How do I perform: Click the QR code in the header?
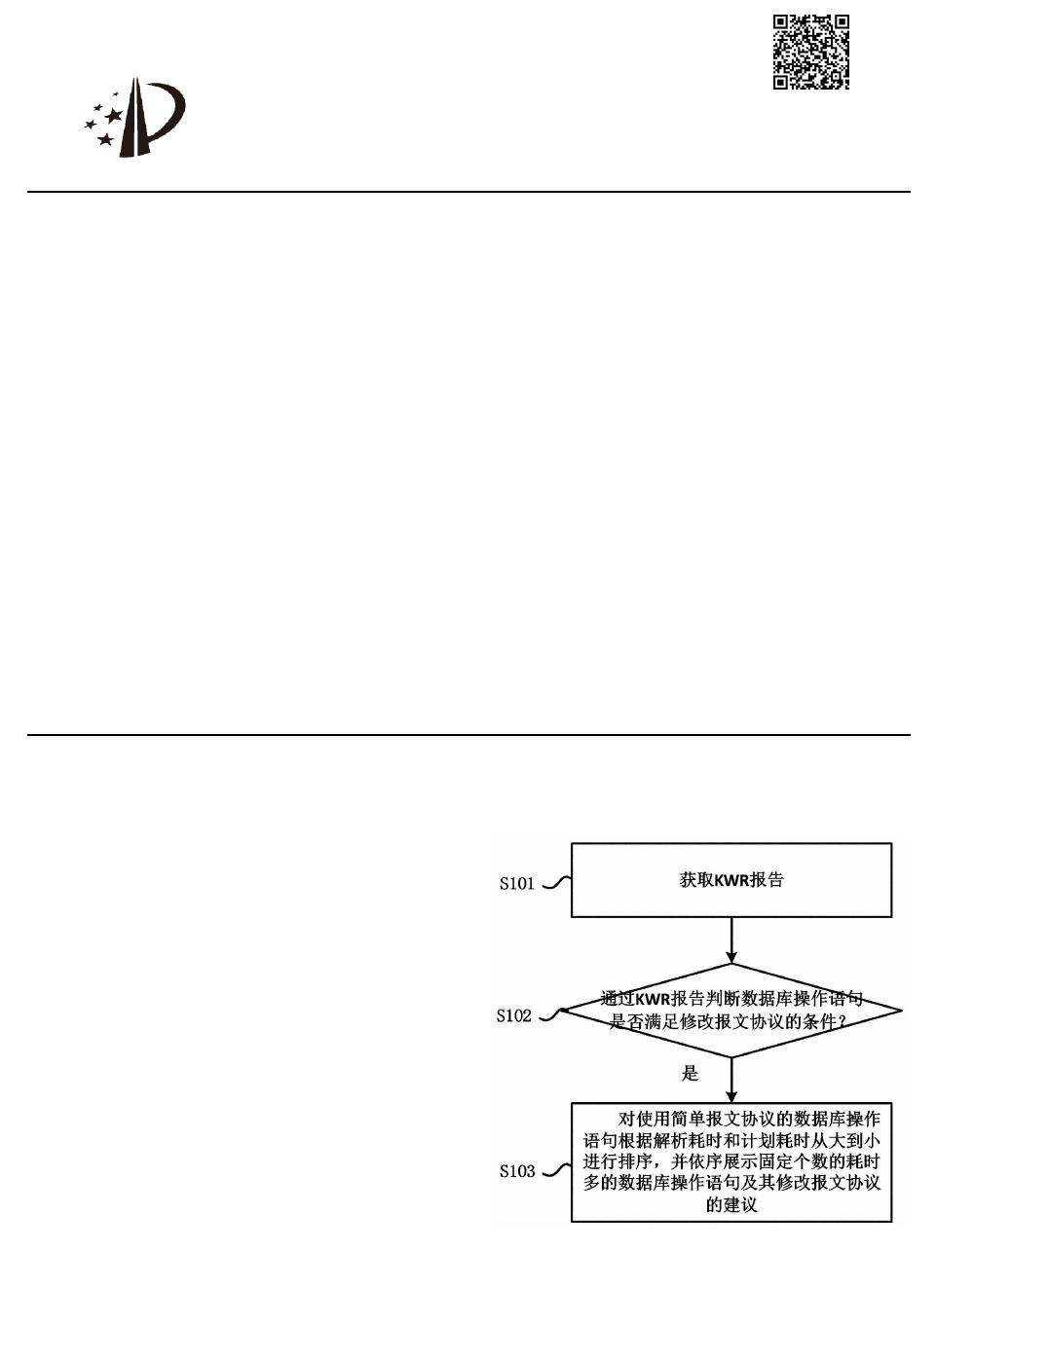point(810,53)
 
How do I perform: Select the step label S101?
point(517,884)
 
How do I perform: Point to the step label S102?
point(513,1016)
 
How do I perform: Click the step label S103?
point(517,1171)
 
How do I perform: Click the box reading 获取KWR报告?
point(731,880)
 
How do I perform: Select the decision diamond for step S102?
point(731,1011)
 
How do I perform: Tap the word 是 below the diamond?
point(690,1073)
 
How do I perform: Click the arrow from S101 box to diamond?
point(731,940)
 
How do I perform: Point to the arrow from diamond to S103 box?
point(731,1081)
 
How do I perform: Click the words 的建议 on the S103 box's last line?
point(731,1205)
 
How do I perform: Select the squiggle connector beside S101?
point(555,883)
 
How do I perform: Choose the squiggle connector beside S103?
point(555,1170)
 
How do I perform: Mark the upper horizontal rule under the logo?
point(468,192)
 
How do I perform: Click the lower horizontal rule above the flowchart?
point(468,735)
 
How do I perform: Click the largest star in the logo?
point(114,116)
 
